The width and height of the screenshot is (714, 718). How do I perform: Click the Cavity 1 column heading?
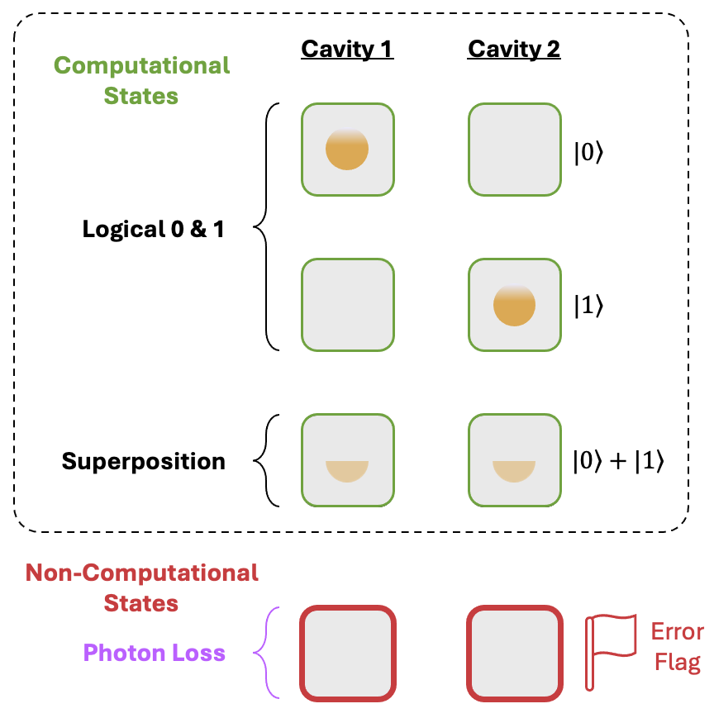click(x=347, y=50)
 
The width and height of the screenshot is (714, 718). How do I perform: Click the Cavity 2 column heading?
click(x=514, y=50)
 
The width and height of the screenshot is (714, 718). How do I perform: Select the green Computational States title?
click(x=141, y=81)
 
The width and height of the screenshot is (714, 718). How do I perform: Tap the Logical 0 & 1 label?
click(x=153, y=229)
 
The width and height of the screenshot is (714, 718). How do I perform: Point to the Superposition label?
click(x=143, y=461)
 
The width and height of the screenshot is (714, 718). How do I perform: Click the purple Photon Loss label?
click(x=155, y=653)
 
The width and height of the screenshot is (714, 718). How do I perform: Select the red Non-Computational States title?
click(x=141, y=588)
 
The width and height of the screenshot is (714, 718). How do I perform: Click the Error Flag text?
click(x=678, y=647)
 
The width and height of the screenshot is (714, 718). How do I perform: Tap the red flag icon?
click(x=611, y=652)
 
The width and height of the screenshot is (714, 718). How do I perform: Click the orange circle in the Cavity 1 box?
click(x=347, y=149)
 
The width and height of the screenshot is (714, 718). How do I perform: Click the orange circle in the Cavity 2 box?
click(x=514, y=305)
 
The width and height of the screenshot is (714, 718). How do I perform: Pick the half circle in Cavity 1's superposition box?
click(x=347, y=471)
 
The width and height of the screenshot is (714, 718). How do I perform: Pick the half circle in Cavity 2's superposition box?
click(x=514, y=471)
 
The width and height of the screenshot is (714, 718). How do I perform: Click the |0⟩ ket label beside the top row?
click(x=589, y=153)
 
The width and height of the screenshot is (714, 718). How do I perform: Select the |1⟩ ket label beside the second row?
click(x=589, y=306)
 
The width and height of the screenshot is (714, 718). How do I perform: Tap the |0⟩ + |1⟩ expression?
click(x=618, y=461)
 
